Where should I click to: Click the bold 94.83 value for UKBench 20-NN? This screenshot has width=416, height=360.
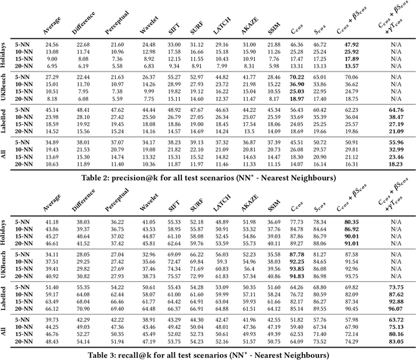click(297, 276)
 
